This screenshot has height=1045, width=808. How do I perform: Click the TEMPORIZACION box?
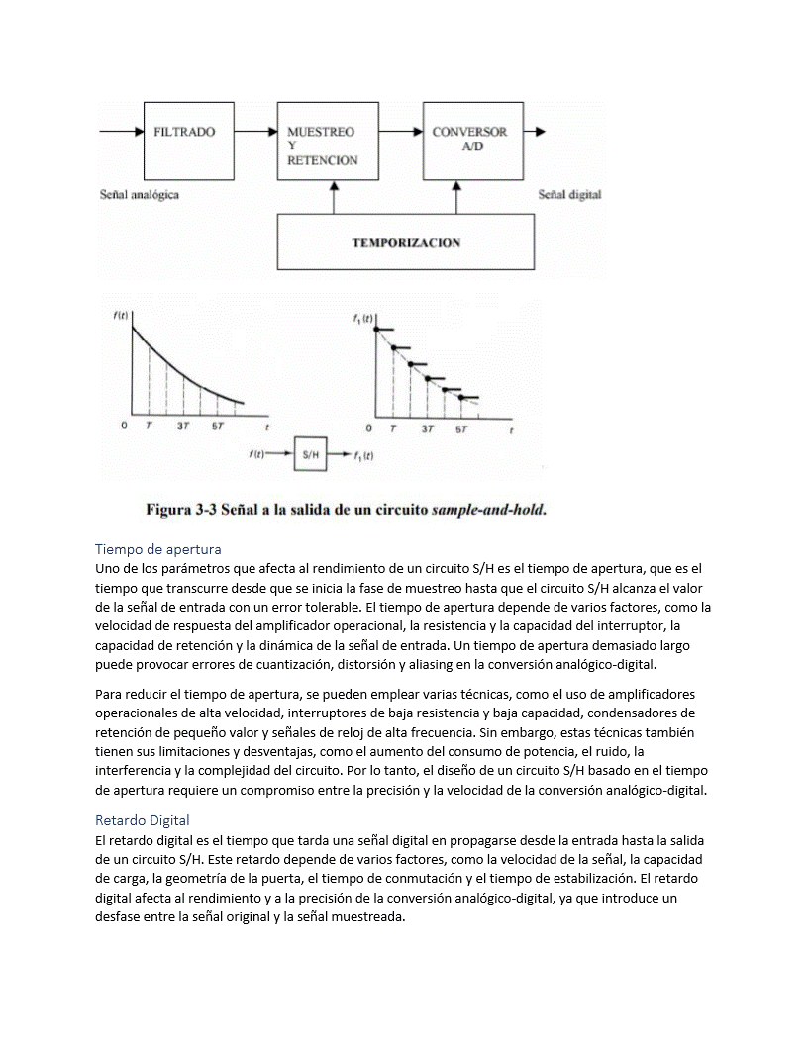click(405, 242)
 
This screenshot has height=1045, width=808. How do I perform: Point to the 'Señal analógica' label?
click(140, 195)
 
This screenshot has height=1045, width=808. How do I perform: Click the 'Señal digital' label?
click(569, 195)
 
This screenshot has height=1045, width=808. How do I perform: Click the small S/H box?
click(311, 454)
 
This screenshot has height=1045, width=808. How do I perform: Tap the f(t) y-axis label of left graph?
click(120, 316)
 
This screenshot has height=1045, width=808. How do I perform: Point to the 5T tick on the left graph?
click(217, 427)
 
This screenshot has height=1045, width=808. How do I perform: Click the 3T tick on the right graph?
click(428, 429)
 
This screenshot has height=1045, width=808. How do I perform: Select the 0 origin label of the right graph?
click(368, 429)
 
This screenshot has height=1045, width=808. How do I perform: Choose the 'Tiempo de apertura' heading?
click(158, 548)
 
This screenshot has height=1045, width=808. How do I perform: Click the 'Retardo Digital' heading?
click(143, 820)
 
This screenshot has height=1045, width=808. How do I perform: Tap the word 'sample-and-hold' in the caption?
click(489, 511)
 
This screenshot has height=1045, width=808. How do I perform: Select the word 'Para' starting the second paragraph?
click(108, 694)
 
